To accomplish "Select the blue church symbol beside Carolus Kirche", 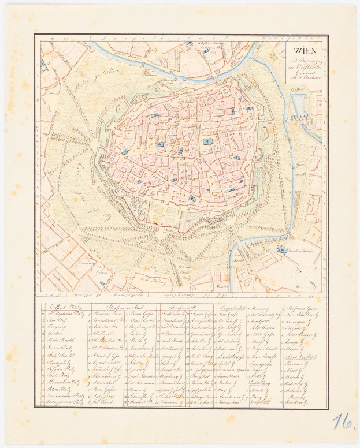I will pos(281,249).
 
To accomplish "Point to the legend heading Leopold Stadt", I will pos(232,308).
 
